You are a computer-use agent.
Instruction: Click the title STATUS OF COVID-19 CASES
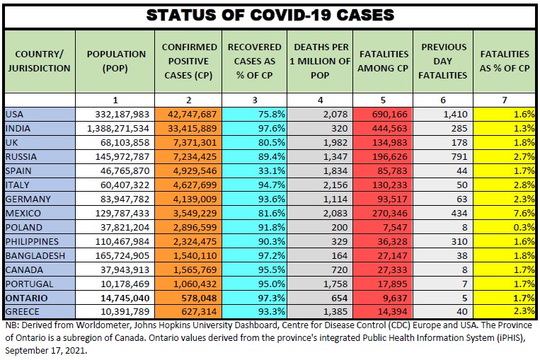point(270,14)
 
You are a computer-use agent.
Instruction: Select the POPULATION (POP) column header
point(116,61)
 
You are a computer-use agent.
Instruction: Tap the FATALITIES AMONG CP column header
point(384,61)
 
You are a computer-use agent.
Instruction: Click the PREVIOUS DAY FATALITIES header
point(444,61)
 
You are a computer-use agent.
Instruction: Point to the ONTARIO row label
point(26,298)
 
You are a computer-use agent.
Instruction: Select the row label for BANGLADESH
point(35,255)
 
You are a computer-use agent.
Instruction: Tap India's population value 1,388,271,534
point(117,128)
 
